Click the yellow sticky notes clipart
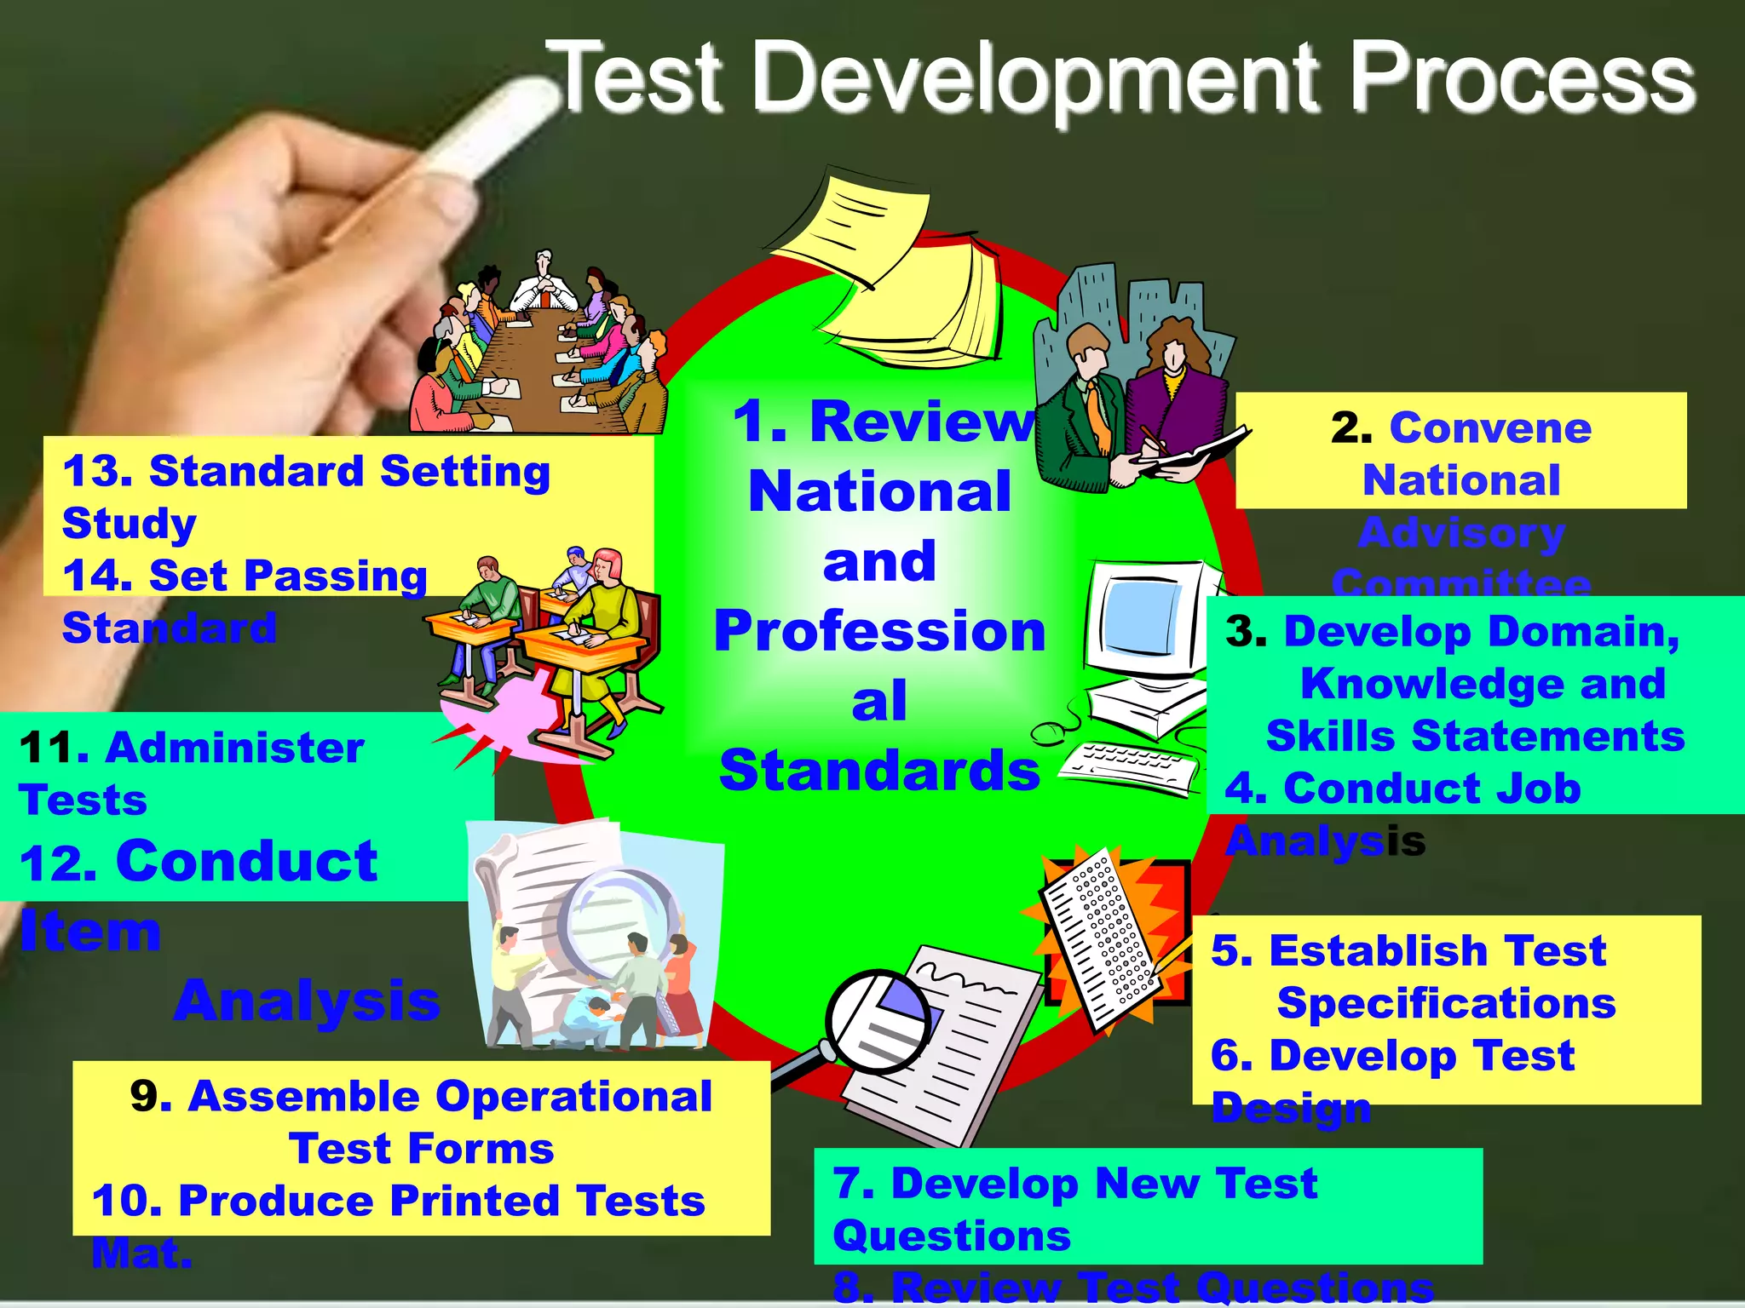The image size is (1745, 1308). (895, 264)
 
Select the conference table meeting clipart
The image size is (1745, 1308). (537, 349)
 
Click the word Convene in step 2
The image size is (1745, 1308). (1490, 427)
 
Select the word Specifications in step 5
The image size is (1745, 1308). (1446, 1003)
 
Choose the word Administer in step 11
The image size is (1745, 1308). (235, 748)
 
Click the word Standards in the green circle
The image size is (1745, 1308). (879, 771)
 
